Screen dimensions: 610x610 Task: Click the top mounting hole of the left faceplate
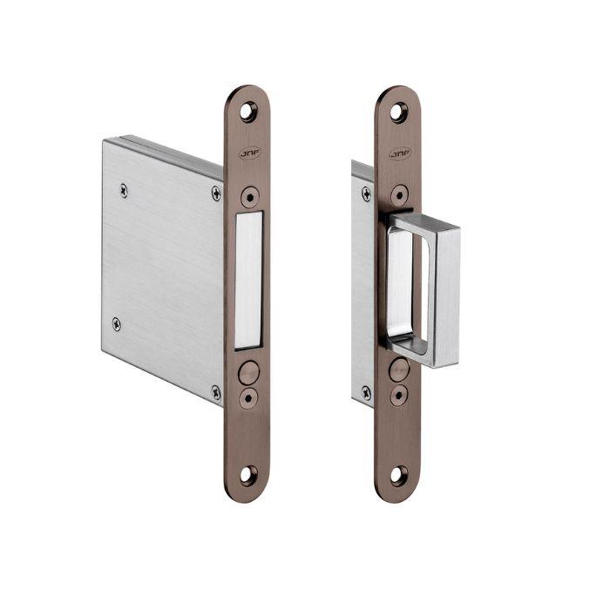point(248,111)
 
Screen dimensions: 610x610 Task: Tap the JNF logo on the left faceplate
point(248,152)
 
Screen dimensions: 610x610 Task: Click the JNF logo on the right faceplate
point(398,153)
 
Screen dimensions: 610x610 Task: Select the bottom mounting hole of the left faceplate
point(248,476)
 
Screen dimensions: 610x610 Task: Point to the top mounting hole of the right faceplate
point(398,112)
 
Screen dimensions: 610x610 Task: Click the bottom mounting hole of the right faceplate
point(398,476)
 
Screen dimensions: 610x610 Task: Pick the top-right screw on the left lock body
point(216,193)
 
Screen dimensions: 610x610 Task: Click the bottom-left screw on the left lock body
point(117,324)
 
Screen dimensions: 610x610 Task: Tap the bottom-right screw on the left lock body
point(216,392)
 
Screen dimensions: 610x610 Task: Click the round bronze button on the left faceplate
point(248,373)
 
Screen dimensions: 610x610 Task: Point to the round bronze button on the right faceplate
point(399,370)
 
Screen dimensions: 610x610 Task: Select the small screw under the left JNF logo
point(248,195)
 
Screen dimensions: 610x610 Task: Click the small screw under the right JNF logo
point(398,195)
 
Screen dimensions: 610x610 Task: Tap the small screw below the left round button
point(248,398)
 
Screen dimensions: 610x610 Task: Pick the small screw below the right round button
point(398,396)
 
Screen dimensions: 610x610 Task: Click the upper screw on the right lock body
point(366,193)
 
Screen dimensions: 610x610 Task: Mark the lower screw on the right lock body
point(366,393)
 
